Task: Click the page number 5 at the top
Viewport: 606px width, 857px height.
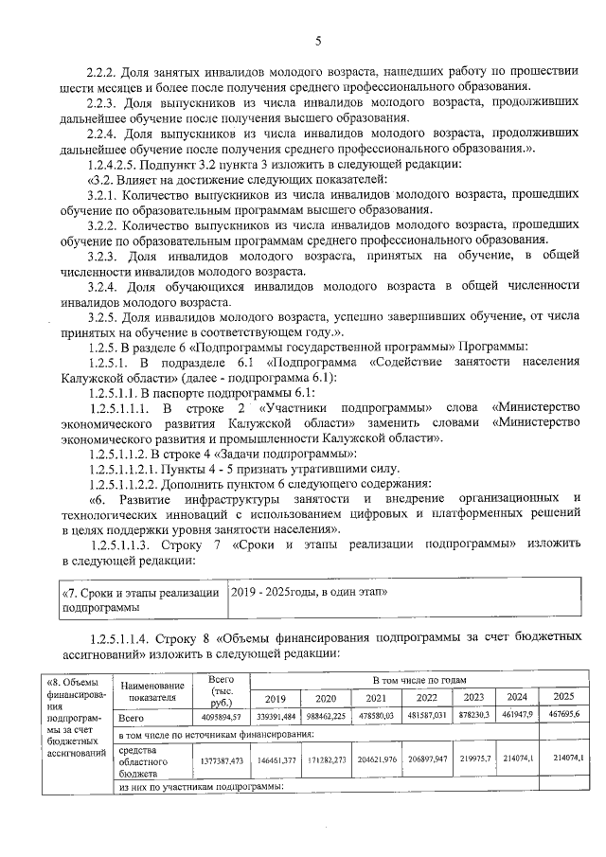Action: pyautogui.click(x=317, y=40)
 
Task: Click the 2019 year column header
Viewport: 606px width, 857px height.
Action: pyautogui.click(x=275, y=697)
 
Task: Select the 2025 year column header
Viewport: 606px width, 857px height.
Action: pyautogui.click(x=563, y=697)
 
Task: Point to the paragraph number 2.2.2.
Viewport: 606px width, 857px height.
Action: pyautogui.click(x=100, y=70)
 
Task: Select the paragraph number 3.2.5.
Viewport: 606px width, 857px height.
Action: pyautogui.click(x=100, y=317)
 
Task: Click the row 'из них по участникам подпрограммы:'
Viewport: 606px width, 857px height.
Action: pyautogui.click(x=208, y=785)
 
